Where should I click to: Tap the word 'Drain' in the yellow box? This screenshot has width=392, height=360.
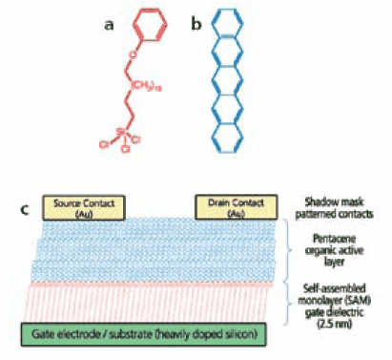[213, 204]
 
